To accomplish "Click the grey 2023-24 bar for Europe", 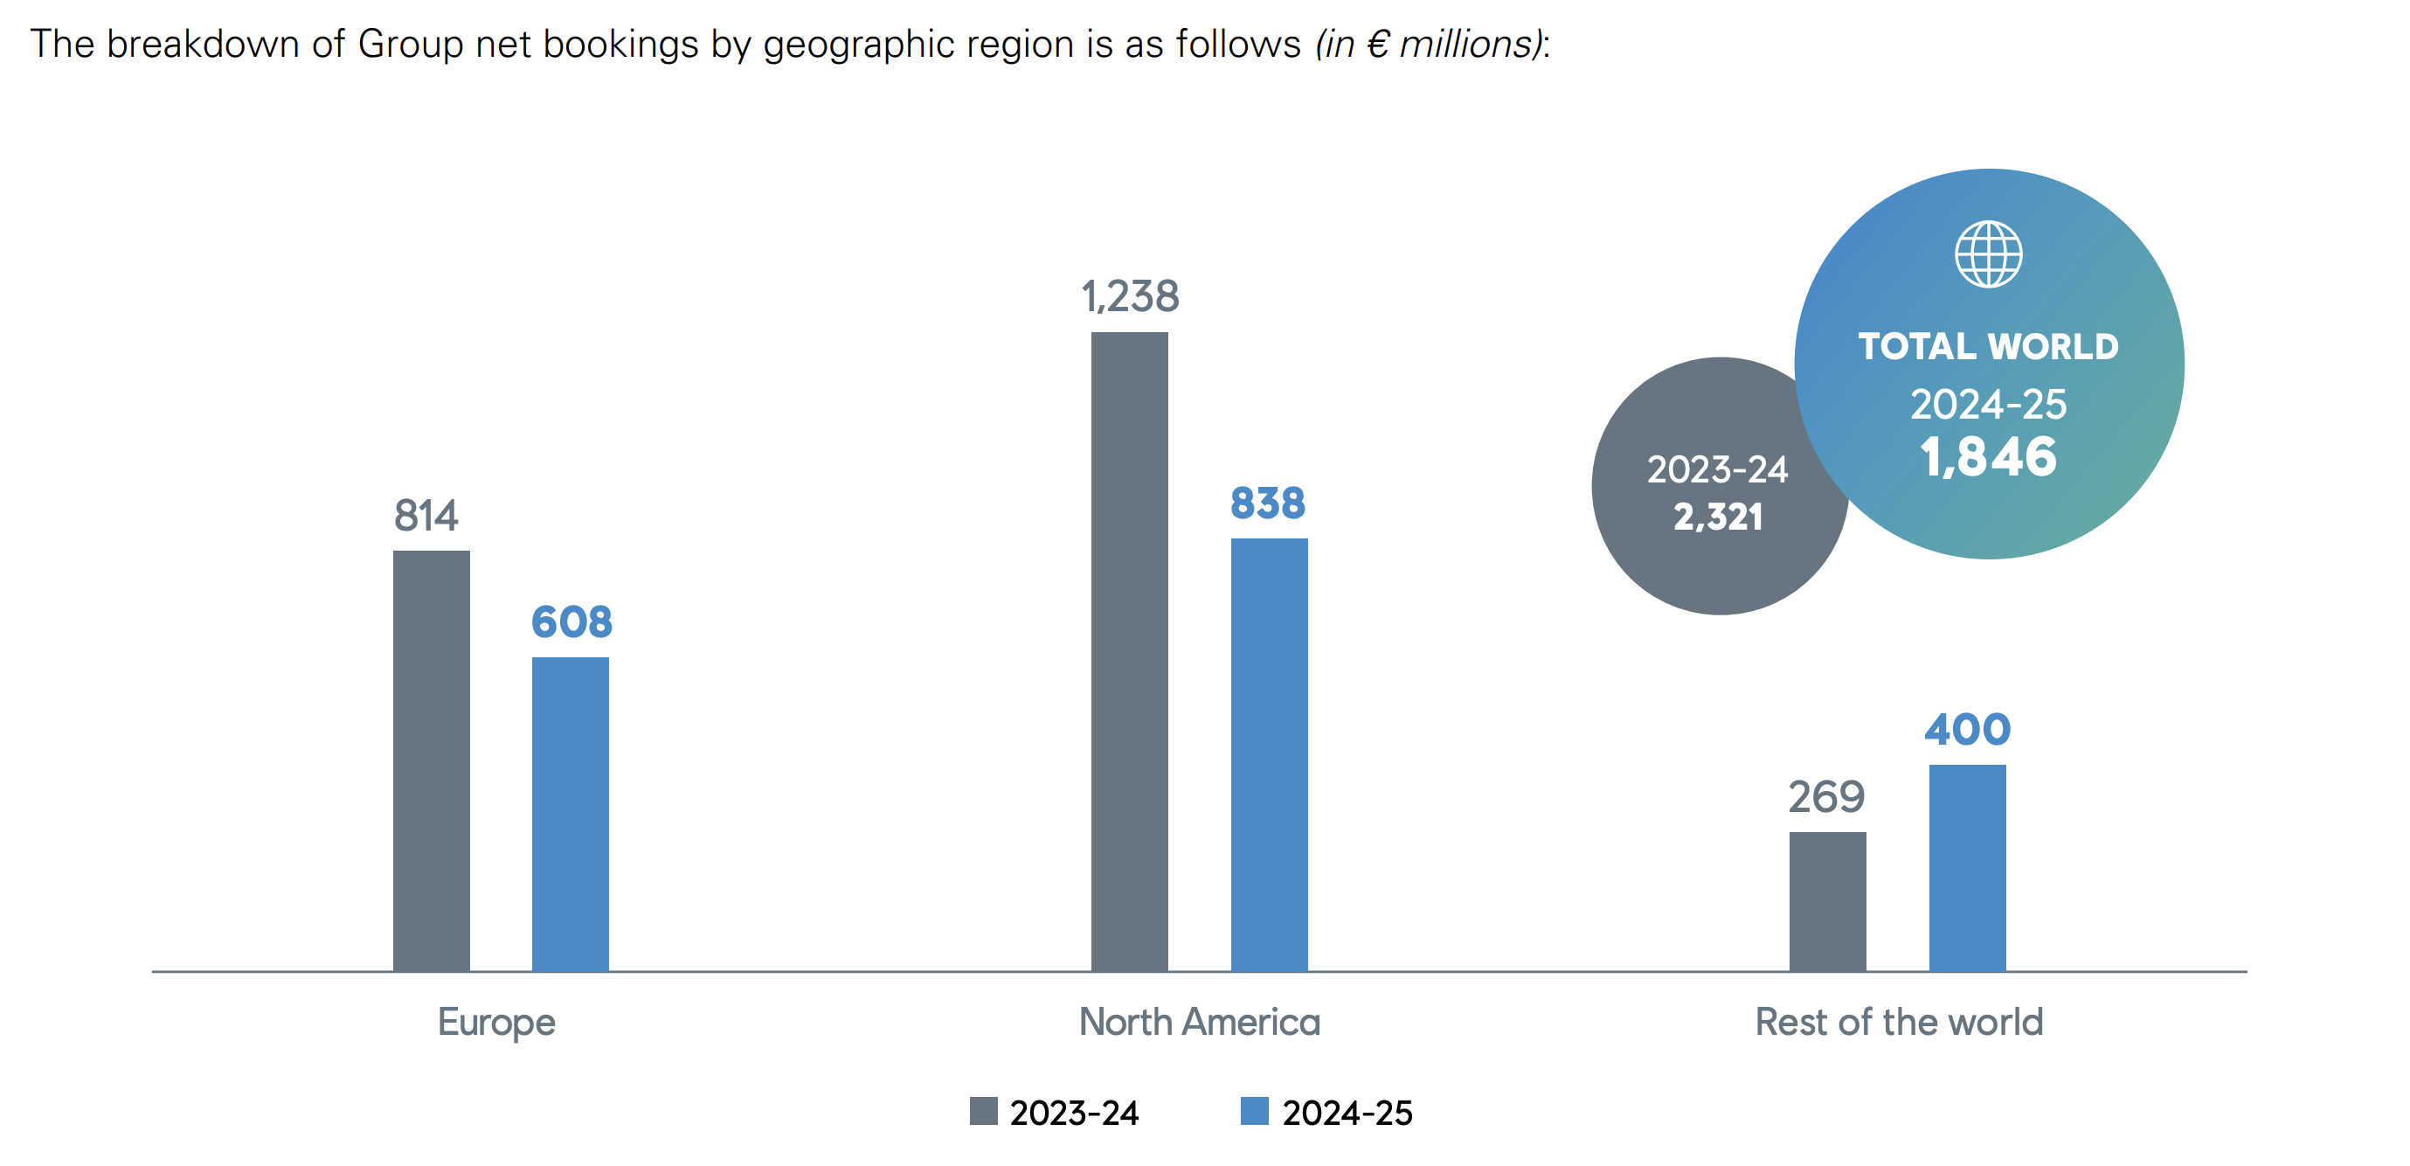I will pos(432,760).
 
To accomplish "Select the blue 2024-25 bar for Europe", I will pos(570,813).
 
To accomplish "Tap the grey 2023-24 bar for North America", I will pos(1129,651).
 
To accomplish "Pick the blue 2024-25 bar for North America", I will pos(1269,754).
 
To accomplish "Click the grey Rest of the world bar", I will pos(1827,901).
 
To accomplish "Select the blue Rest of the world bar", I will pos(1967,867).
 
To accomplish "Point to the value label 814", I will pos(426,516).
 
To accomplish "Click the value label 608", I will pos(571,622).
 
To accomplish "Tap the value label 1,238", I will pos(1130,296).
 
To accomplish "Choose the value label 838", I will pos(1268,503).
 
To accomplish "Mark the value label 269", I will pos(1826,797).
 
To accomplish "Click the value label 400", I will pos(1967,730).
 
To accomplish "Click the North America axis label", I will pos(1200,1022).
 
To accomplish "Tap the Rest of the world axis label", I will pos(1898,1022).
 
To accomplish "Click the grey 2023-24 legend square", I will pos(983,1111).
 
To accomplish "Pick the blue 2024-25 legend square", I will pos(1254,1111).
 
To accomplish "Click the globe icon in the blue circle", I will pos(1988,253).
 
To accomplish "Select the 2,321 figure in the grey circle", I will pos(1718,517).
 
